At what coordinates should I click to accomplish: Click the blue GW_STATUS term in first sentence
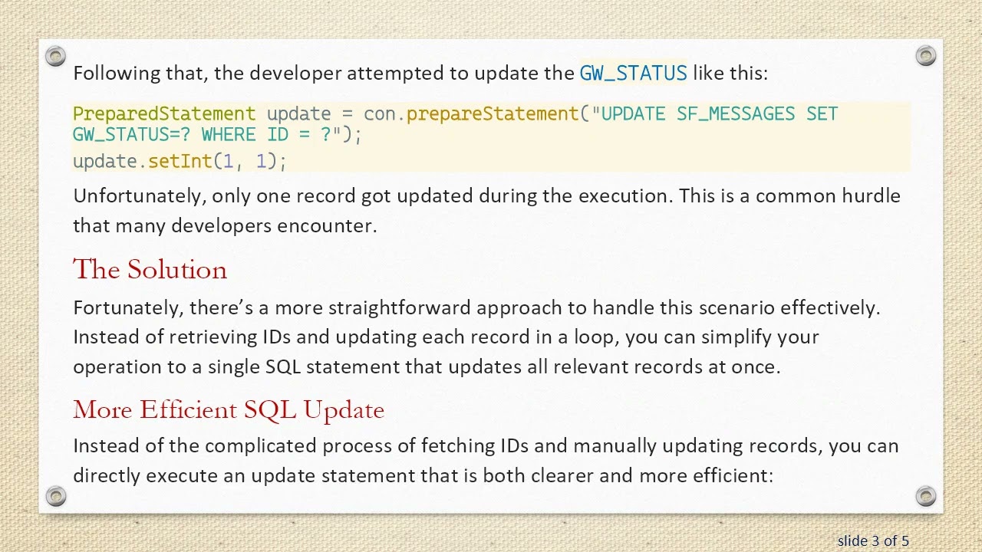(633, 74)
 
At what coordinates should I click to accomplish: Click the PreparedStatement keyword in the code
(164, 114)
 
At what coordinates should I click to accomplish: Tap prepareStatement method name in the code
(492, 114)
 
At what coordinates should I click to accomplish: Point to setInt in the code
(180, 162)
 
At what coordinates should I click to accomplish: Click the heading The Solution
(150, 270)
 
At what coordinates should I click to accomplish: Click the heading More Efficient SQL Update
(229, 410)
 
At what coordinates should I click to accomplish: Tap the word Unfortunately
(138, 196)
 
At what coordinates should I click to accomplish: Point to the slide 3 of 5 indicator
(873, 541)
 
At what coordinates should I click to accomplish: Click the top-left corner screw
(55, 55)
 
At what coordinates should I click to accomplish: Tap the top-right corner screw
(926, 55)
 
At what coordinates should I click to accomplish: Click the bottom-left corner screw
(55, 495)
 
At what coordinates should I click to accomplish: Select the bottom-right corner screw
(926, 495)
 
